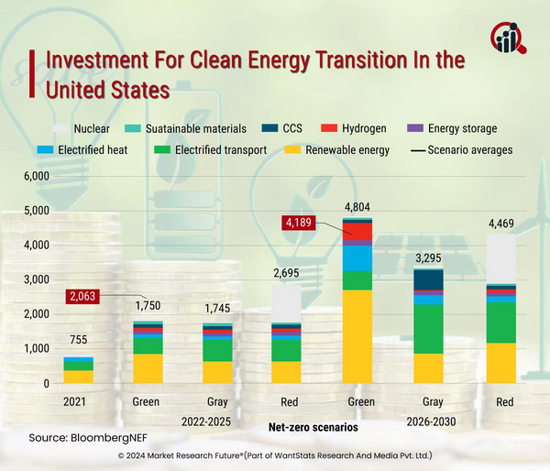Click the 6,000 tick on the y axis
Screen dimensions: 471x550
[34, 175]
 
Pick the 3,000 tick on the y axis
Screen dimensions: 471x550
[34, 279]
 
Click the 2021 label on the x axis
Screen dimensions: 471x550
[77, 400]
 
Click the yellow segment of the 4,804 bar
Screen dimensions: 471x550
[357, 336]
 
